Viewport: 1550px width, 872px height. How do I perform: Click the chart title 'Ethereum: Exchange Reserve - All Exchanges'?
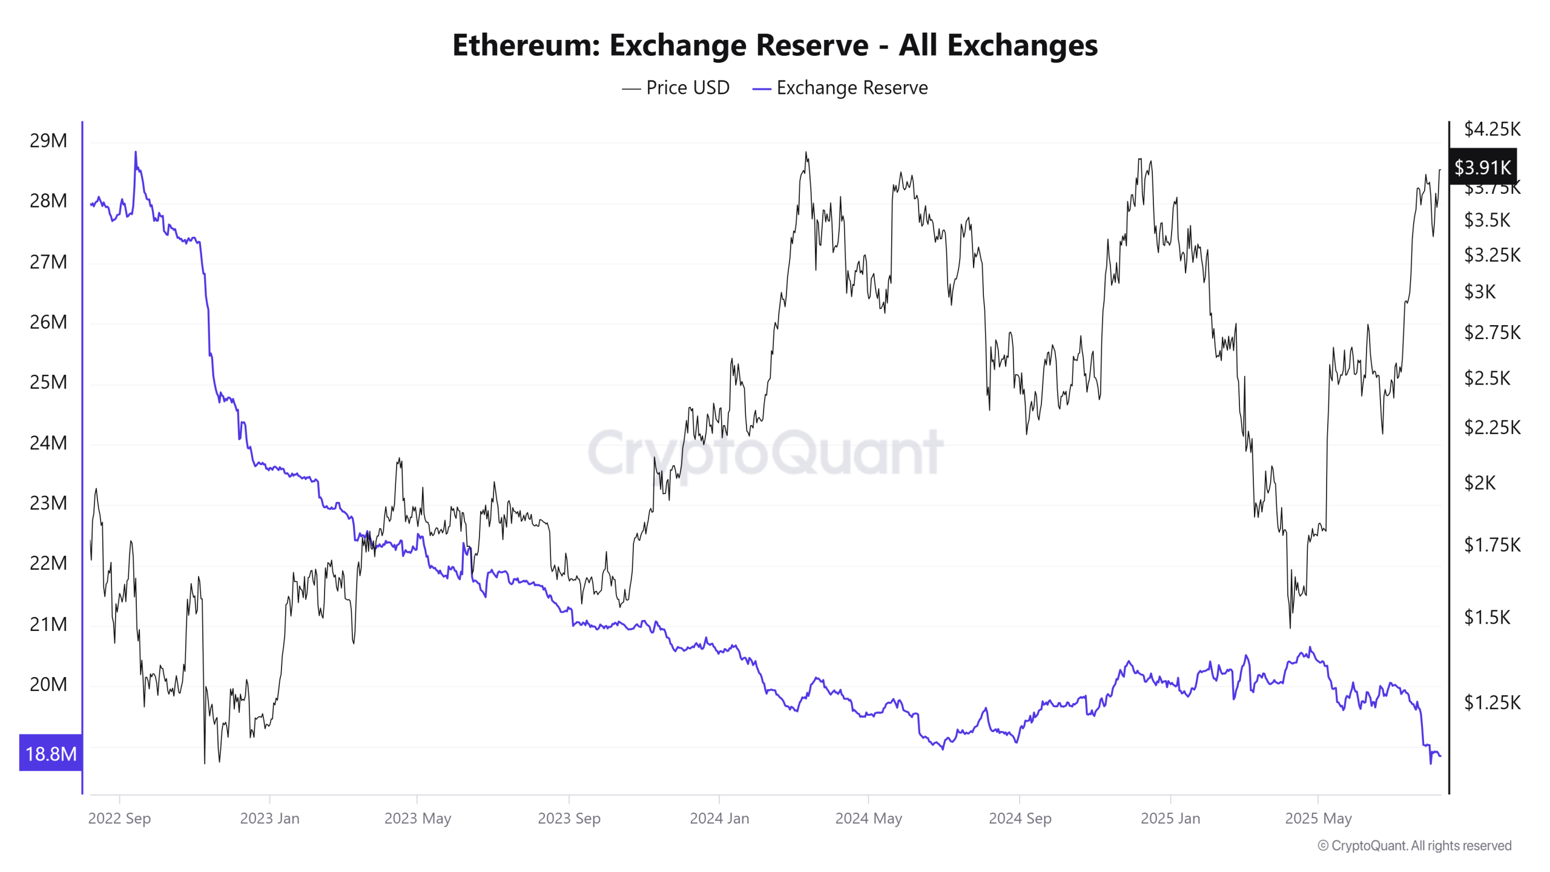click(x=774, y=45)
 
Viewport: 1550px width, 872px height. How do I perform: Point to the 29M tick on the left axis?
click(x=48, y=140)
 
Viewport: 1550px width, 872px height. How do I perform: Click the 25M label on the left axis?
click(x=48, y=382)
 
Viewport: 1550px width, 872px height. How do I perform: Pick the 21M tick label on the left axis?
click(x=48, y=624)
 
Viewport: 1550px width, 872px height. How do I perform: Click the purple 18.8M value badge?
click(x=51, y=753)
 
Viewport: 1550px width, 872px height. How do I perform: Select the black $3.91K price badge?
click(x=1482, y=167)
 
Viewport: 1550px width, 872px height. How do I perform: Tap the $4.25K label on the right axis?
click(x=1492, y=129)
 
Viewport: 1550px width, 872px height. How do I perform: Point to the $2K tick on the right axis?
click(x=1480, y=483)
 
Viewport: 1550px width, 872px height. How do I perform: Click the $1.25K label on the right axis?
click(x=1492, y=702)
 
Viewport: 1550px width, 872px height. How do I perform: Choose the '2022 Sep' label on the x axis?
click(x=119, y=818)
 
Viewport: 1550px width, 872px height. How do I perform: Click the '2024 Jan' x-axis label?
click(x=719, y=818)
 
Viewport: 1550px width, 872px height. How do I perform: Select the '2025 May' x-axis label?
click(x=1318, y=818)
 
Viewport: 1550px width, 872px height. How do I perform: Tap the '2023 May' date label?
click(x=417, y=818)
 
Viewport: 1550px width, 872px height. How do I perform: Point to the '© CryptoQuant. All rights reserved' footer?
click(x=1414, y=845)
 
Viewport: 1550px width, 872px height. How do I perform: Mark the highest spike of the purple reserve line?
click(x=136, y=153)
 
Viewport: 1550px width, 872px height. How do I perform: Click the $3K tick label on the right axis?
click(x=1480, y=292)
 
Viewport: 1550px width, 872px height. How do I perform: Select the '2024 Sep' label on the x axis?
click(x=1020, y=818)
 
